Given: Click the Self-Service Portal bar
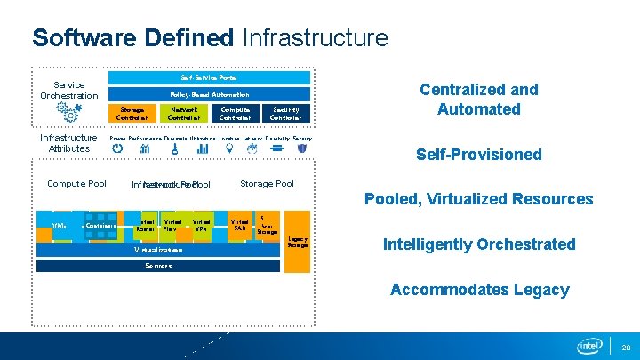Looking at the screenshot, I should (x=209, y=78).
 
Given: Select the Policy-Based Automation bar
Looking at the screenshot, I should (x=209, y=94).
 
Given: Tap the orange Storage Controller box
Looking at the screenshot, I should (x=132, y=113).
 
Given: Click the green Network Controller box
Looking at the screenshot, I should (x=184, y=113).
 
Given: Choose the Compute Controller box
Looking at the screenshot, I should (x=235, y=113).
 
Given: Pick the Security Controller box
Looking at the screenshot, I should (x=286, y=113).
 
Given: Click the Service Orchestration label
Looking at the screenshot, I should (x=68, y=91).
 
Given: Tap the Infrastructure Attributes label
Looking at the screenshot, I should (x=68, y=143).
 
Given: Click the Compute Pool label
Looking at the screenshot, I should (x=76, y=184).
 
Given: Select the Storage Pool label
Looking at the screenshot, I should (x=267, y=184).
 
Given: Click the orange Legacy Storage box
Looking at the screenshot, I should (x=298, y=241).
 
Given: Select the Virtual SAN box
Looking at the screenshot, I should (x=240, y=225).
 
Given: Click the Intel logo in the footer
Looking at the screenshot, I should (x=590, y=346).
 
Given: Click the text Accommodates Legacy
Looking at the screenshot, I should (x=480, y=290).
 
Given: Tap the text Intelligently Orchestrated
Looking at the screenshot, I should (x=479, y=244).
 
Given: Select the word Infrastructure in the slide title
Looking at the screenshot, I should (x=315, y=38).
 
